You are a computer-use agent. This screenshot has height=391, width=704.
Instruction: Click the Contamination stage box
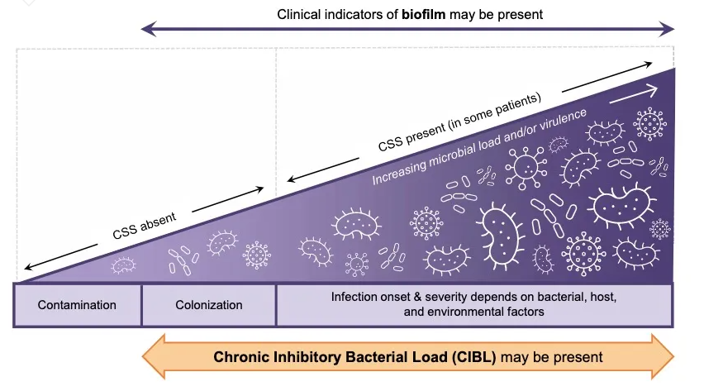click(77, 305)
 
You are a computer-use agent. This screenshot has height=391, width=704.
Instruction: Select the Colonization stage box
click(209, 305)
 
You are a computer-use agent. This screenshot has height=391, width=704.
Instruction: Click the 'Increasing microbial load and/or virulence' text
click(478, 146)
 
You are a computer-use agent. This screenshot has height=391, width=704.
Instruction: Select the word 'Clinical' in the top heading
click(298, 15)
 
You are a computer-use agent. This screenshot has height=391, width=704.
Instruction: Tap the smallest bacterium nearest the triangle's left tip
click(123, 265)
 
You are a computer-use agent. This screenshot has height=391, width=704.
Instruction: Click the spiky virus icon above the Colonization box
click(257, 255)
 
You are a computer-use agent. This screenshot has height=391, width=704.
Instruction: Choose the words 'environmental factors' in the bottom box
click(503, 312)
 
